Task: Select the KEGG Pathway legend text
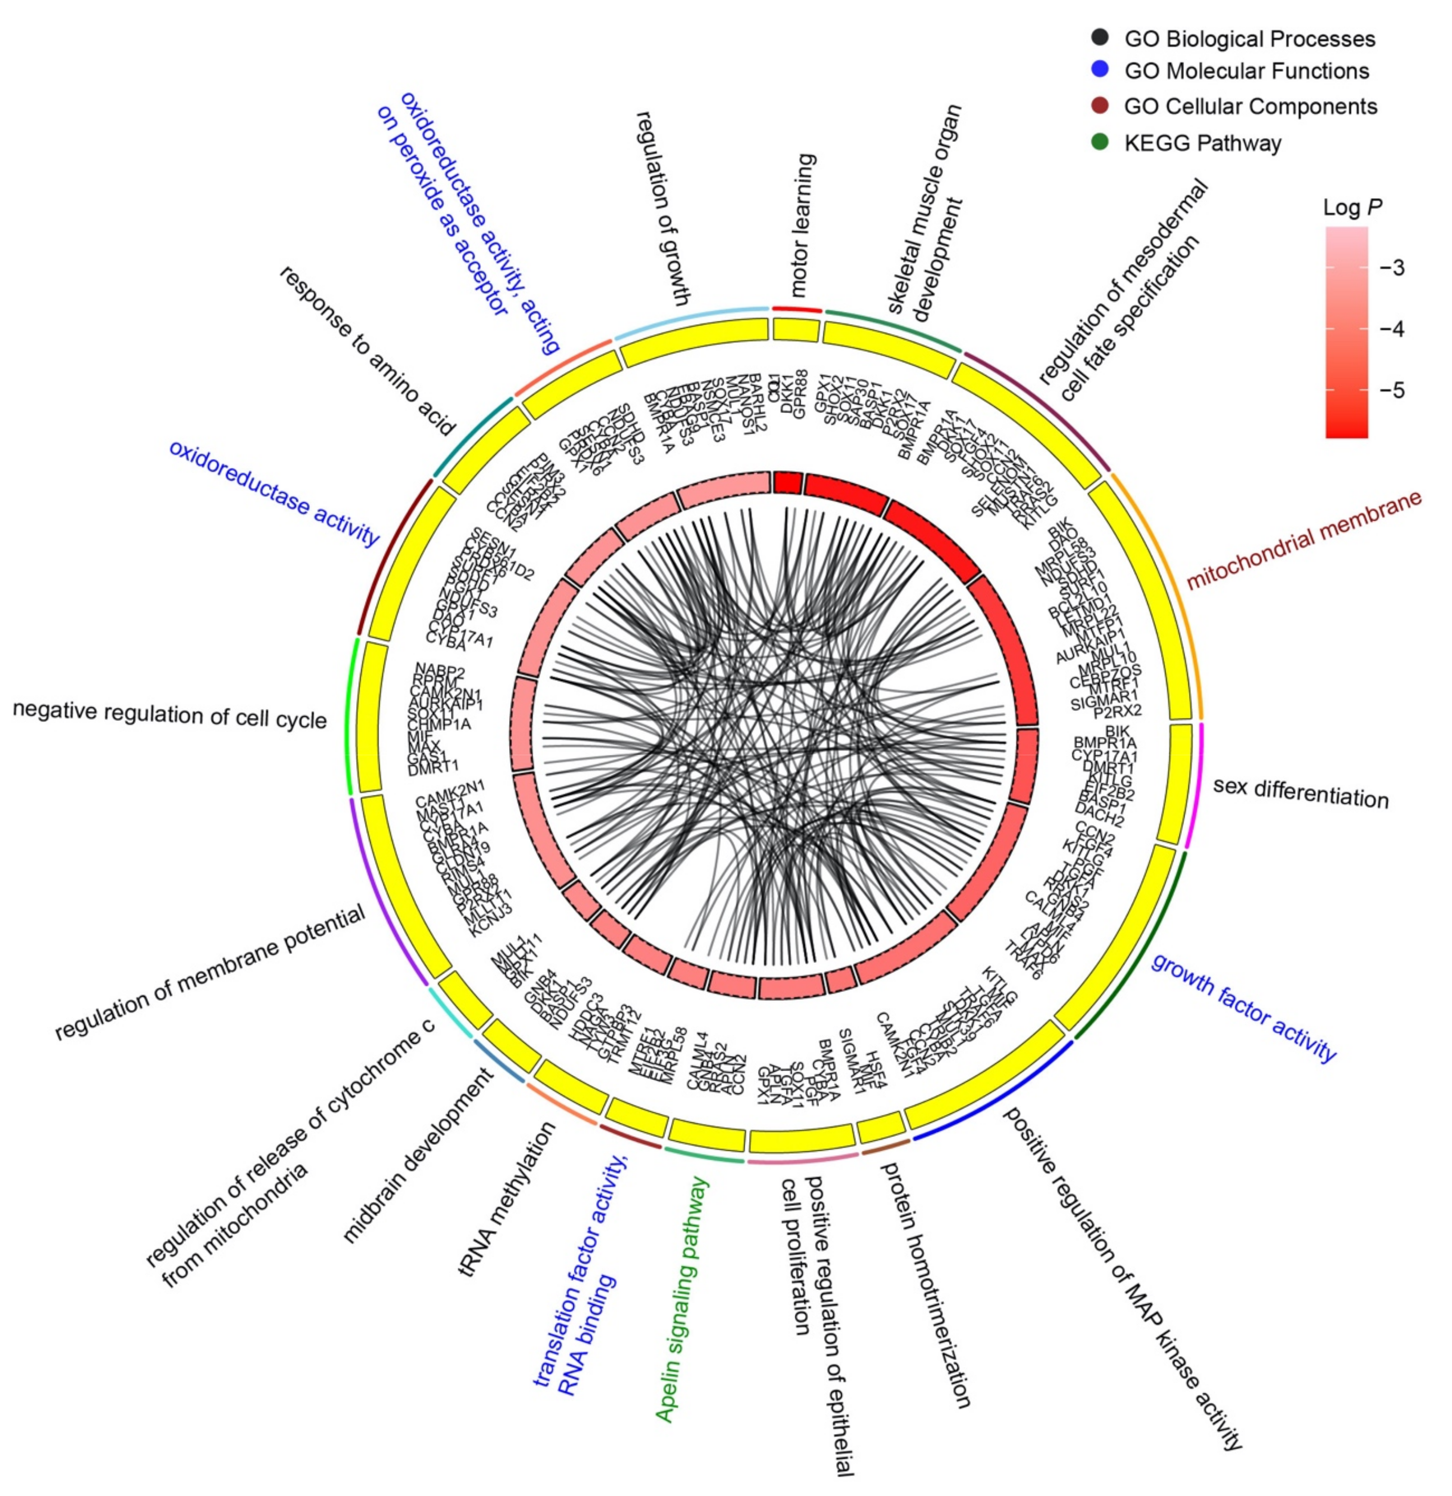pos(1202,143)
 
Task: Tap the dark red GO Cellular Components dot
pos(1099,106)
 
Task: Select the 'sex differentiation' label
pos(1300,793)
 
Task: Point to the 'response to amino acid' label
pos(368,350)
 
